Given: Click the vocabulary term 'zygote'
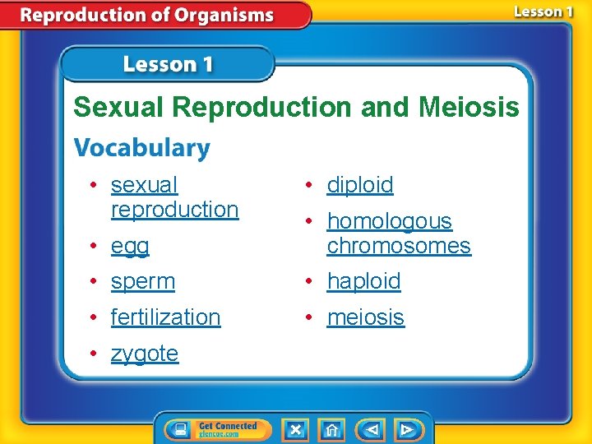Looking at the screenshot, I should pos(144,354).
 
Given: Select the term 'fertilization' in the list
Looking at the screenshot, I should pos(165,317).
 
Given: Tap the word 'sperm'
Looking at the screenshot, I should pos(142,281).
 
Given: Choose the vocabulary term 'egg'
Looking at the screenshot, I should pos(130,246).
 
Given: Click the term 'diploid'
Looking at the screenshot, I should pos(360,185).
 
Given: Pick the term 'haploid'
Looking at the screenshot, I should pos(363,281).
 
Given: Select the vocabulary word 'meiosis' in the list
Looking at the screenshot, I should pos(365,317).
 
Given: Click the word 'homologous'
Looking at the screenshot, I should pos(389,221).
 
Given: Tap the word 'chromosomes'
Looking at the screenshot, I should pos(399,246).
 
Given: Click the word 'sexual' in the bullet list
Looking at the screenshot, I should pos(144,185).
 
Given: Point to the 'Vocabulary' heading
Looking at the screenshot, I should pos(141,148).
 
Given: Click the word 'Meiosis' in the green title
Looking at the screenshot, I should pos(469,107).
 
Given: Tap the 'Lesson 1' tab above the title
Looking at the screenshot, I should pos(168,64).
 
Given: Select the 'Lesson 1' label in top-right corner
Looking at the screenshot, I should pos(543,12).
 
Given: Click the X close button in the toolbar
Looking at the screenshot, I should pos(295,429).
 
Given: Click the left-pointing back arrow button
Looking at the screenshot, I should pos(372,429).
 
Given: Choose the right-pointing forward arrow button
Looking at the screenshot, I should pos(407,429).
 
